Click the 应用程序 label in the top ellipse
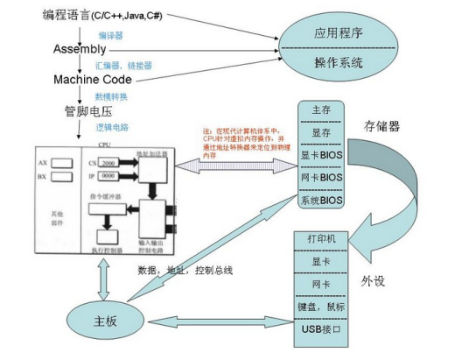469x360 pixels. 338,33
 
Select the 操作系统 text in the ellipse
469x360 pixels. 338,62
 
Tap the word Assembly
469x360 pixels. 80,48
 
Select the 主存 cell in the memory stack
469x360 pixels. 320,111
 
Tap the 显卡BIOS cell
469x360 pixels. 320,156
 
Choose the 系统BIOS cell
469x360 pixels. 320,201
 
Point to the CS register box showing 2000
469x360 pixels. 111,164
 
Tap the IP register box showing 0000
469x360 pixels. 111,177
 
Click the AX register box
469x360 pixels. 63,164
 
